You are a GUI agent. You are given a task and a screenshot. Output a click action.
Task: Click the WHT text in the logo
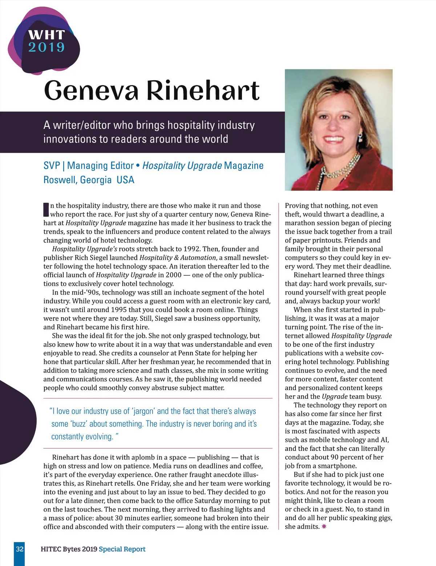click(x=46, y=35)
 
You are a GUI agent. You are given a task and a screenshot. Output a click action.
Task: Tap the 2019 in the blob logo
click(x=46, y=47)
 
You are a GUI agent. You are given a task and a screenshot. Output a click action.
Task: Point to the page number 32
click(x=20, y=549)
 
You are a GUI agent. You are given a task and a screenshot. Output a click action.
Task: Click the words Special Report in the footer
click(x=122, y=549)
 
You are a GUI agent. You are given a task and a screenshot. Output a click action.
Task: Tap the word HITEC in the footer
click(x=51, y=549)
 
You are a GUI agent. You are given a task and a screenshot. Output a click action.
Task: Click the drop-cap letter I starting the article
click(x=46, y=209)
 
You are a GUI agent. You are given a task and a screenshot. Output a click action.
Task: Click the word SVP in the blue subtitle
click(x=52, y=166)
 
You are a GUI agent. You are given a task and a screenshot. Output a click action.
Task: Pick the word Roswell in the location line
click(x=59, y=180)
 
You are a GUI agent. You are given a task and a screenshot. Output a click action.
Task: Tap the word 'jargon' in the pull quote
click(x=143, y=411)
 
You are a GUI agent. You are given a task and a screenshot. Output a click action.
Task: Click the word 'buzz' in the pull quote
click(x=78, y=424)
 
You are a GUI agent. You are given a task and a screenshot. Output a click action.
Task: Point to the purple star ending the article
click(x=324, y=526)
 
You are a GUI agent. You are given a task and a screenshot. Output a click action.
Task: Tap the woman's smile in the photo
click(x=336, y=139)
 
